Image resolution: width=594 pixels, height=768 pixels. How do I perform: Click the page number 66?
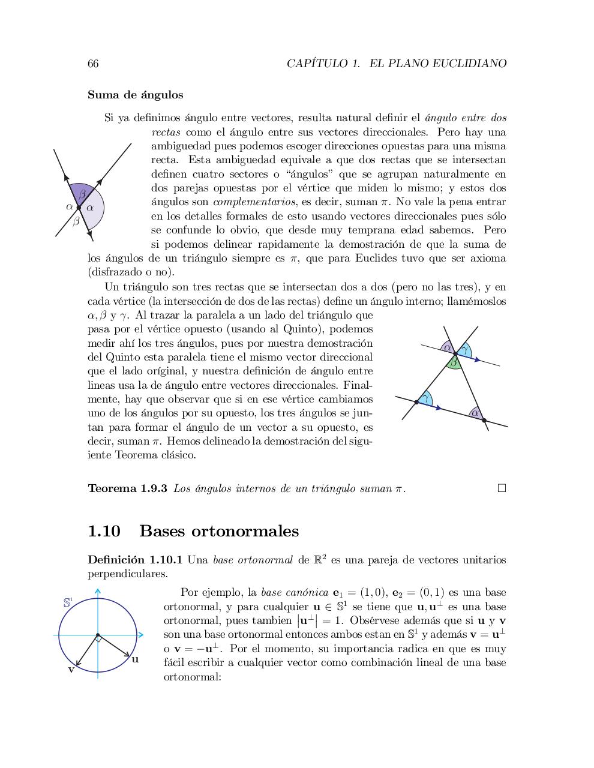pyautogui.click(x=93, y=64)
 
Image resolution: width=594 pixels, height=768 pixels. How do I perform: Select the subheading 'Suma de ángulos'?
pyautogui.click(x=136, y=95)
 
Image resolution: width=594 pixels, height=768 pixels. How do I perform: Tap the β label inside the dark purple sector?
pyautogui.click(x=82, y=194)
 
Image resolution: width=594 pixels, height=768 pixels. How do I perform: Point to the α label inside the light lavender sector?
pyautogui.click(x=90, y=208)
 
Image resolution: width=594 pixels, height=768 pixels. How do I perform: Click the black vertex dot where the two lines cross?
pyautogui.click(x=79, y=207)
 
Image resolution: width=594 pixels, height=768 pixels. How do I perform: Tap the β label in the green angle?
pyautogui.click(x=454, y=362)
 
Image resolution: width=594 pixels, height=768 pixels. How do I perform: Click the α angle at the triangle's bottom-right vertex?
pyautogui.click(x=475, y=413)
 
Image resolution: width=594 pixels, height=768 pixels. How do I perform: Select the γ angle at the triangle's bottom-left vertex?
pyautogui.click(x=425, y=398)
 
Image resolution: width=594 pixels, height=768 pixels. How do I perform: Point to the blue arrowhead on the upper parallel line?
pyautogui.click(x=477, y=360)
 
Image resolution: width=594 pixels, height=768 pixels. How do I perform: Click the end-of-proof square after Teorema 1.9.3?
pyautogui.click(x=502, y=488)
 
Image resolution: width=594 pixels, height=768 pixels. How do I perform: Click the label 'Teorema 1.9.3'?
pyautogui.click(x=127, y=488)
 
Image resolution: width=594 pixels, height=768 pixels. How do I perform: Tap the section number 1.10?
pyautogui.click(x=104, y=531)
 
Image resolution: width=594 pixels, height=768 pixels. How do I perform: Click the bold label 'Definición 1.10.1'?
pyautogui.click(x=135, y=560)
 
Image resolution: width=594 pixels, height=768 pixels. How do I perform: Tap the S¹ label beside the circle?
pyautogui.click(x=68, y=602)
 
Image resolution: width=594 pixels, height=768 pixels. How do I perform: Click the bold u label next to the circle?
pyautogui.click(x=135, y=659)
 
